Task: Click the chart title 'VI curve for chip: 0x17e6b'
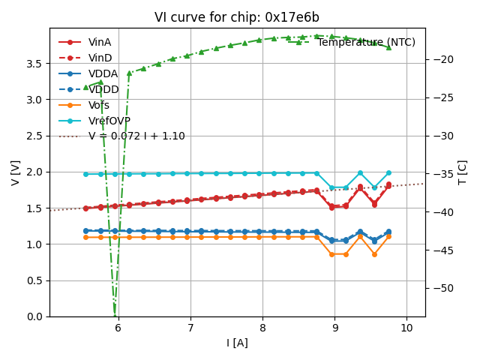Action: coord(237,17)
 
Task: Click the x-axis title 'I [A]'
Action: coord(237,343)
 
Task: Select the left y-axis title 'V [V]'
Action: coord(16,172)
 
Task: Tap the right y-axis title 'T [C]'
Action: coord(462,172)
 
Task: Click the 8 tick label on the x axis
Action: coord(262,328)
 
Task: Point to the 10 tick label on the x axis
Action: coord(406,328)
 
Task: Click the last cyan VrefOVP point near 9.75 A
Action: coord(388,173)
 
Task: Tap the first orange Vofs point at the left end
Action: coord(85,237)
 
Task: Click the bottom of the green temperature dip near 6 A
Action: coord(115,313)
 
